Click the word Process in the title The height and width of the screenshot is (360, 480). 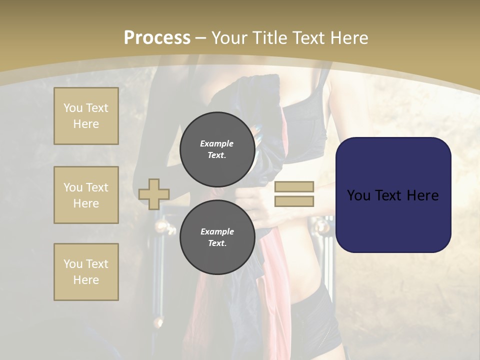pyautogui.click(x=157, y=38)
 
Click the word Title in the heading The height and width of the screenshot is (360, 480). pyautogui.click(x=269, y=38)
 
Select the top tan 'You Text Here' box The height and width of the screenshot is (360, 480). pyautogui.click(x=86, y=116)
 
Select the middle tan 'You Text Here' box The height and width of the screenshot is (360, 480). pyautogui.click(x=86, y=195)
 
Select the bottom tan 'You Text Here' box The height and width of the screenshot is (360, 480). pyautogui.click(x=86, y=272)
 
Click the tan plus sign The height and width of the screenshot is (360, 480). pyautogui.click(x=154, y=194)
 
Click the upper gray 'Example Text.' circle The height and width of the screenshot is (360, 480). pyautogui.click(x=217, y=149)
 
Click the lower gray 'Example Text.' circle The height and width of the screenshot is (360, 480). pyautogui.click(x=217, y=237)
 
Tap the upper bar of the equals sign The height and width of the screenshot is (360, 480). pyautogui.click(x=294, y=186)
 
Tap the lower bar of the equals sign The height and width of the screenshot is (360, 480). pyautogui.click(x=294, y=201)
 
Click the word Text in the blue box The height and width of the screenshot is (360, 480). pyautogui.click(x=387, y=195)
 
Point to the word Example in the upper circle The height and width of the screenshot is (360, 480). pyautogui.click(x=217, y=144)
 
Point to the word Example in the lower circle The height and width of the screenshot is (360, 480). pyautogui.click(x=217, y=232)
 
